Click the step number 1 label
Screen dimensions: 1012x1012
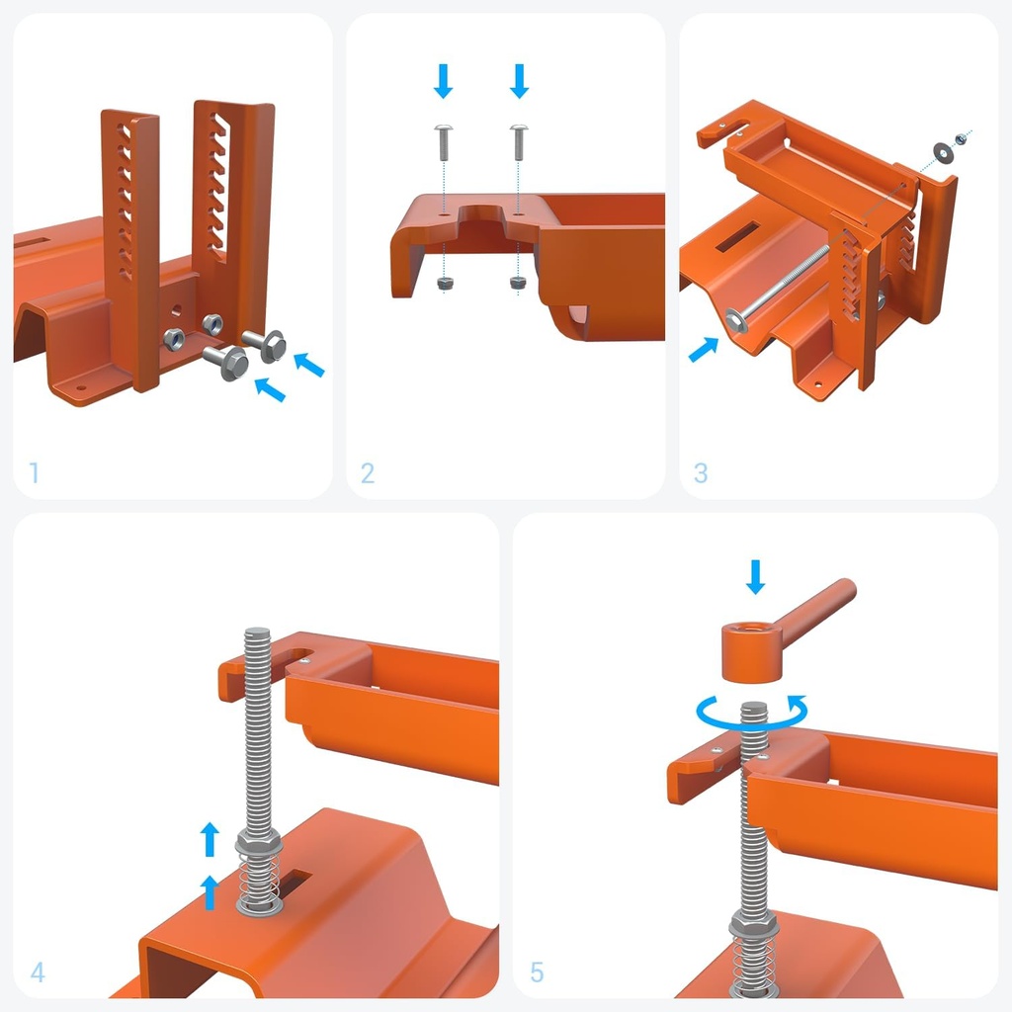(x=34, y=473)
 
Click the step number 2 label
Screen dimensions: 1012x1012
(x=368, y=473)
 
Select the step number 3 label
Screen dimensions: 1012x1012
(x=701, y=473)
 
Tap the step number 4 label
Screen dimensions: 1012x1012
(x=38, y=972)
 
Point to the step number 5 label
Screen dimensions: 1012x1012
(x=537, y=972)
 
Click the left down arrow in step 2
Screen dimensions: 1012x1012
(x=444, y=80)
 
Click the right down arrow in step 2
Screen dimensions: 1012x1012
(x=520, y=80)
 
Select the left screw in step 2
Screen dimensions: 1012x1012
(x=444, y=144)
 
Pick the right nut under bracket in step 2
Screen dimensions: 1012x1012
(x=518, y=283)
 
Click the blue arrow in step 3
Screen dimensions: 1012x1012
(x=704, y=349)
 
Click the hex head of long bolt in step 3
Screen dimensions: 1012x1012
(x=737, y=319)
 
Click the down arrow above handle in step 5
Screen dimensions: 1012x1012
(x=756, y=576)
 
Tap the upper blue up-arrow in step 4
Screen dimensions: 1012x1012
(x=210, y=840)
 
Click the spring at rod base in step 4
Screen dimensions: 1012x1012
(x=259, y=885)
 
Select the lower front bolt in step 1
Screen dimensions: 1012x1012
(x=229, y=363)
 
